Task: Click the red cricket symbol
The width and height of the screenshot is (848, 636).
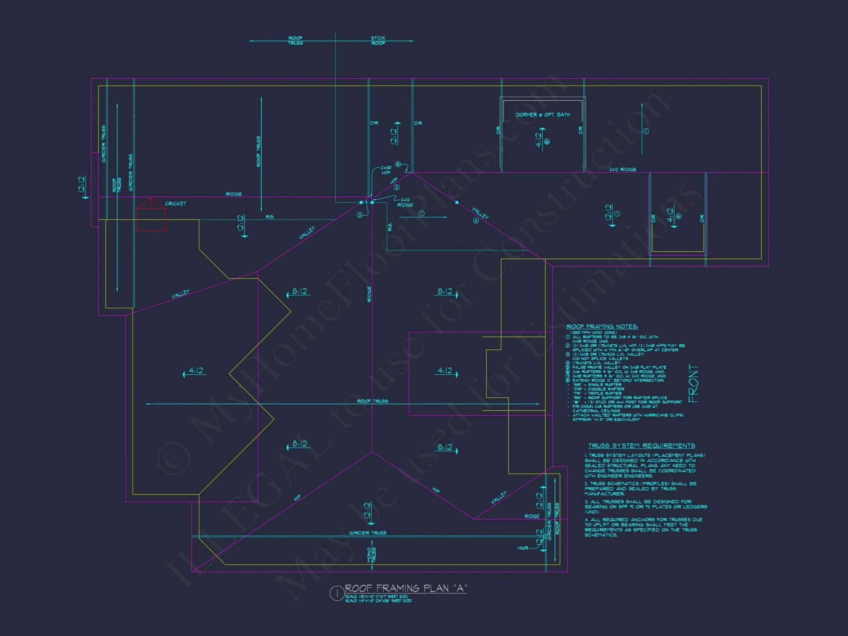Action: pos(151,216)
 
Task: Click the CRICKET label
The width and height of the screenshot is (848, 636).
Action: pos(175,204)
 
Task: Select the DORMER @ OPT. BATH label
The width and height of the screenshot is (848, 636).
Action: pos(542,115)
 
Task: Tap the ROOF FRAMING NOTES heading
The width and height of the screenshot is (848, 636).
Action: pos(602,326)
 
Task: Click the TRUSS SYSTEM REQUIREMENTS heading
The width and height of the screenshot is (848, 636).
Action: pos(641,446)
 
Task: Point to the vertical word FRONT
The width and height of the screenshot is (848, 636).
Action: pos(693,383)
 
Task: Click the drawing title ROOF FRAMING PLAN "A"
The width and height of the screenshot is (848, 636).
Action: pos(405,588)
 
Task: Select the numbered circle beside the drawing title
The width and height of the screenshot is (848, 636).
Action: pos(337,594)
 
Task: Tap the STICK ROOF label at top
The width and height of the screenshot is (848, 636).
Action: pos(378,41)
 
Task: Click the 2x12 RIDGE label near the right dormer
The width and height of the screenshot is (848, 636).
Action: pos(622,170)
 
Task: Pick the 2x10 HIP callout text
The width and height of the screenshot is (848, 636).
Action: pos(385,170)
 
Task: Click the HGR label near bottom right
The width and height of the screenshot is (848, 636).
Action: pos(522,548)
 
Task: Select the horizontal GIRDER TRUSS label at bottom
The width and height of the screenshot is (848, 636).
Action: pos(367,533)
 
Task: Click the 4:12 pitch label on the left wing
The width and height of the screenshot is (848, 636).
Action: pos(195,371)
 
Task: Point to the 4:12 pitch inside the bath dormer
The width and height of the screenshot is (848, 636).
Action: pos(538,139)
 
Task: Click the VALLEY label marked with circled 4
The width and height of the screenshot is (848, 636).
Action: pos(480,213)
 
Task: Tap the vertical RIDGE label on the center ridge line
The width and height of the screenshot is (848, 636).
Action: pos(369,294)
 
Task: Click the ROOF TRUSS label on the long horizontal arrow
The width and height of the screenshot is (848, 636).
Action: pos(372,401)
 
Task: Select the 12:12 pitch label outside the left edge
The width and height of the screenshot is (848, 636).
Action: pos(82,184)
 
